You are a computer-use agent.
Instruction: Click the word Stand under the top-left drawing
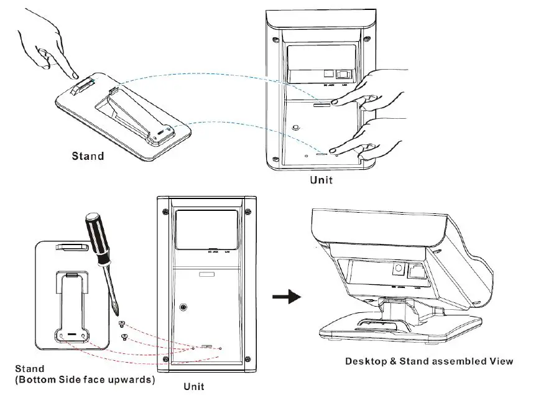(86, 156)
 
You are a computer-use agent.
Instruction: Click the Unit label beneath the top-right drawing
(321, 180)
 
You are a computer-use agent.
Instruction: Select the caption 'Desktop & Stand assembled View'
(428, 361)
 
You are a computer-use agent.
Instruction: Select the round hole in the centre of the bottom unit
(184, 308)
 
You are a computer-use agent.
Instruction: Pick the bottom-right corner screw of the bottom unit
(249, 358)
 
